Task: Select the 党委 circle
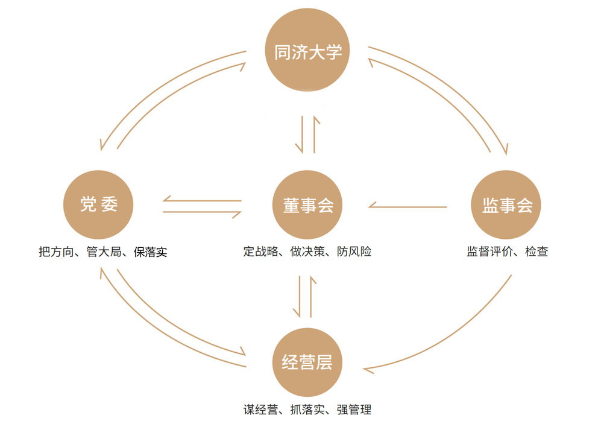(98, 205)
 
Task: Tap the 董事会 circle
(308, 205)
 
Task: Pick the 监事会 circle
(507, 205)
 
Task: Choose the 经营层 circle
(308, 362)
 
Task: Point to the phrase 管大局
(103, 251)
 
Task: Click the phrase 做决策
(308, 251)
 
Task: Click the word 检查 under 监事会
(536, 251)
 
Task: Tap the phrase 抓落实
(308, 410)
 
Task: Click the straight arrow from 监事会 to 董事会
(408, 207)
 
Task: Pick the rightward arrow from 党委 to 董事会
(202, 212)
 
